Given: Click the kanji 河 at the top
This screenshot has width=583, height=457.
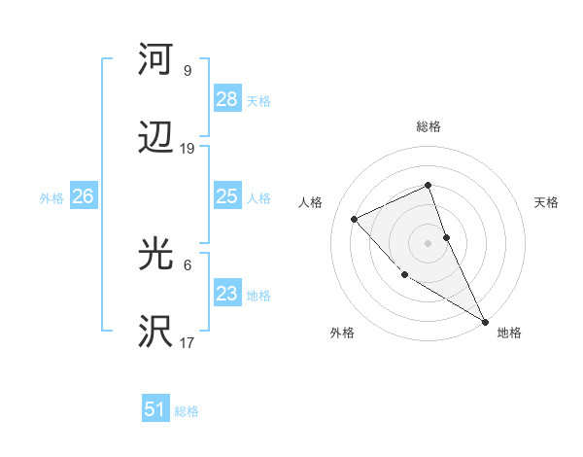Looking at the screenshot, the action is [155, 60].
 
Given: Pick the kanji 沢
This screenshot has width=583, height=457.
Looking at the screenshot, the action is [155, 331].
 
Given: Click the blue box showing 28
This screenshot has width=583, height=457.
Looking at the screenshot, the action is [226, 98].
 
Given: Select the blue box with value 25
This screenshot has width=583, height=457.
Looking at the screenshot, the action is [226, 196].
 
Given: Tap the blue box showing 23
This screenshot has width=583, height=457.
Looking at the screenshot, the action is [226, 294].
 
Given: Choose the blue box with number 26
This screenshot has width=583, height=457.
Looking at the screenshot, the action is [83, 196].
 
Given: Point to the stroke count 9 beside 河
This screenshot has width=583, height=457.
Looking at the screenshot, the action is [188, 71].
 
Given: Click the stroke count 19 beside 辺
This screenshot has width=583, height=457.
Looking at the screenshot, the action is [188, 149].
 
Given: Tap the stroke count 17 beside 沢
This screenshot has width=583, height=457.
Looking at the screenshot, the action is [188, 342].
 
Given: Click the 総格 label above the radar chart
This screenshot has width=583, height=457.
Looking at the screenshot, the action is [428, 126].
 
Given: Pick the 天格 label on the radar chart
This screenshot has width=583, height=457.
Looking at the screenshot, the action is [546, 202].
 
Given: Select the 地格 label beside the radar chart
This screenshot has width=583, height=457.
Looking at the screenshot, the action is [509, 333].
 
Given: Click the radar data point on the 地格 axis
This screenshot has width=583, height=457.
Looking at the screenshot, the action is [485, 321].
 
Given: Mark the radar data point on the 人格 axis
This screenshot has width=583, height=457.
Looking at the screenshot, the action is [355, 219].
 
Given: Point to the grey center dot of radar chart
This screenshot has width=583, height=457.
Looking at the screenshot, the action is [428, 243].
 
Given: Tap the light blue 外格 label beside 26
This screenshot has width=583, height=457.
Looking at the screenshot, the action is [51, 197].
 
